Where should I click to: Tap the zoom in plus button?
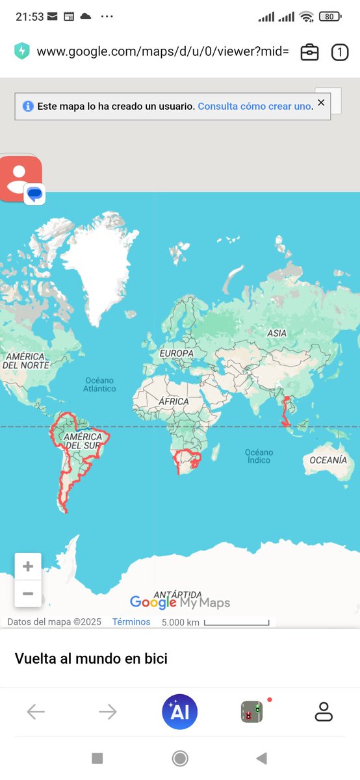coord(28,567)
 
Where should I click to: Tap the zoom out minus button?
coord(28,593)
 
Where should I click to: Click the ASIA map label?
coord(277,333)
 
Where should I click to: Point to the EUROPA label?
coord(177,354)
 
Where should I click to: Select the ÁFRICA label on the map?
coord(174,402)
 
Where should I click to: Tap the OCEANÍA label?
coord(328,460)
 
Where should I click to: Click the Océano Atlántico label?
coord(99,384)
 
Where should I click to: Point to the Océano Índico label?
coord(259,456)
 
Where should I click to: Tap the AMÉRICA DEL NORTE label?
coord(26,361)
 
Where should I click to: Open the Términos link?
coord(131,622)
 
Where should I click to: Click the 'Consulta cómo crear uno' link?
coord(254,106)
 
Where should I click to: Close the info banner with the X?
coord(321,103)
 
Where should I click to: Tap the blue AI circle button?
coord(180,712)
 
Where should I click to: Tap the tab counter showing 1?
coord(340,52)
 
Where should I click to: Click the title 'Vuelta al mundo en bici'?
coord(91,658)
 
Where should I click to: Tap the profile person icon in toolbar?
coord(324,712)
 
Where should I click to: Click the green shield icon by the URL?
coord(23,51)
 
